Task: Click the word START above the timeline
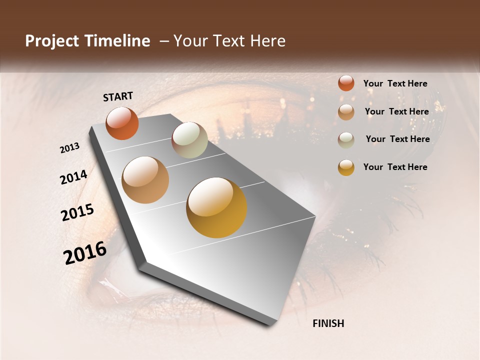click(118, 96)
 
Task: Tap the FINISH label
click(328, 323)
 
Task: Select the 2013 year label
click(70, 148)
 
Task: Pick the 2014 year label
click(73, 177)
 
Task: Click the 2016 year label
click(85, 253)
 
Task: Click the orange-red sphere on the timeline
click(122, 123)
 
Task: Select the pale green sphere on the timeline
click(189, 140)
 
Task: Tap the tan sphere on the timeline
click(145, 180)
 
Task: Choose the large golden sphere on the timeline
click(216, 207)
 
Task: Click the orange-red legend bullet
click(346, 83)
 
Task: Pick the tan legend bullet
click(346, 112)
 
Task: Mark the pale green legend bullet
click(346, 140)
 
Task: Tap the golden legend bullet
click(346, 167)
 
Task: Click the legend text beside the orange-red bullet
click(395, 83)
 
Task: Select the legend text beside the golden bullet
click(395, 167)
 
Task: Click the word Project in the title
click(51, 41)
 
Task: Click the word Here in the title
click(268, 41)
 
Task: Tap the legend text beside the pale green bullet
click(397, 139)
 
